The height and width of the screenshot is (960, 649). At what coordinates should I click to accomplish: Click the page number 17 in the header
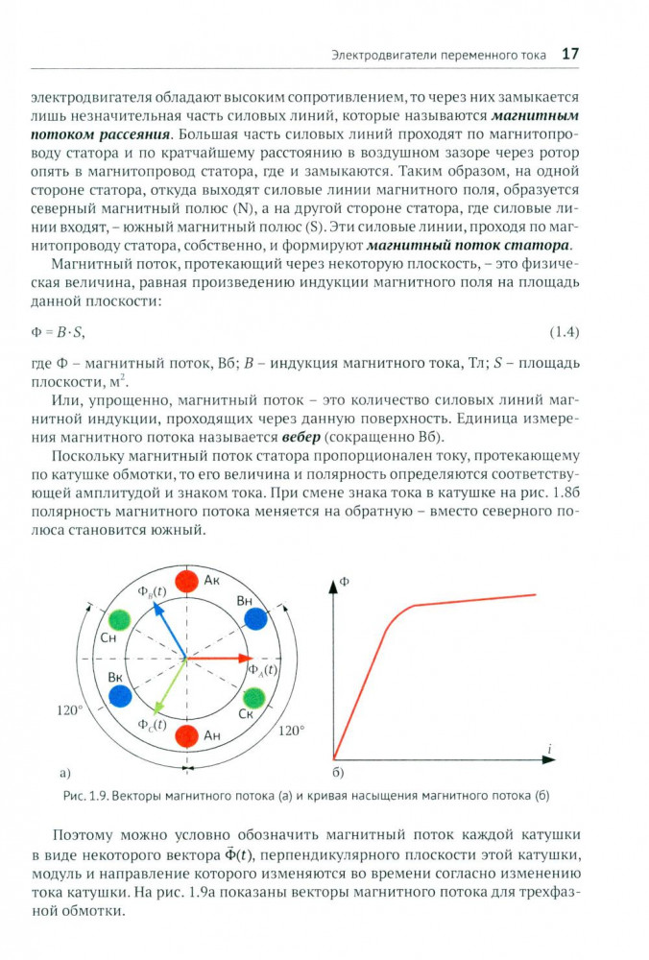pos(569,54)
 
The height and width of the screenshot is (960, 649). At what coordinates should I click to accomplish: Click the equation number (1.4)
pos(564,332)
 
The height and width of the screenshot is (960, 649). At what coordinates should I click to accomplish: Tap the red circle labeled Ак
pos(187,581)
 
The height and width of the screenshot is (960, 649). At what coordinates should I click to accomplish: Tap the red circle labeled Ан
pos(187,737)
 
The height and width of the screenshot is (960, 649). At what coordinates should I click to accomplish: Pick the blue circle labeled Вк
pos(119,698)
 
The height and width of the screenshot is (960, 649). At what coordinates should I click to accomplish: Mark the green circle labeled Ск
pos(254,698)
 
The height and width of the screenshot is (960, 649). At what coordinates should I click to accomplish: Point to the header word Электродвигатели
pos(382,55)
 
